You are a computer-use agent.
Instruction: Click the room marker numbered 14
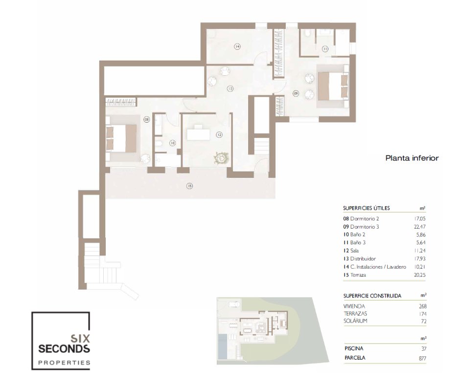click(x=237, y=46)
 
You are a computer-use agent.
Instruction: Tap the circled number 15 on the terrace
click(x=189, y=186)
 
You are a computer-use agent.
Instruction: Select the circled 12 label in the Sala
click(x=219, y=134)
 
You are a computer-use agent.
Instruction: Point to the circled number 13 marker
click(x=230, y=88)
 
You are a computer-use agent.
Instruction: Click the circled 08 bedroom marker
click(x=147, y=119)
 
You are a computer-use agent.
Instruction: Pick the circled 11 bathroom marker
click(x=325, y=49)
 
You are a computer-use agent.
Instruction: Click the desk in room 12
click(x=198, y=133)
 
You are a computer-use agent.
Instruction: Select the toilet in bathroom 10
click(x=159, y=144)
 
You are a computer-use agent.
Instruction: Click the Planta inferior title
click(x=412, y=158)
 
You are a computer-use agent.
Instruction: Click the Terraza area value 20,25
click(x=419, y=275)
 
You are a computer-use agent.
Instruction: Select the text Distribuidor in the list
click(x=363, y=259)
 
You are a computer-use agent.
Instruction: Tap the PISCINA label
click(x=354, y=348)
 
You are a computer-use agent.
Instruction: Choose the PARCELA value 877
click(x=422, y=358)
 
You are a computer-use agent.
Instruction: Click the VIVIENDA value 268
click(x=422, y=306)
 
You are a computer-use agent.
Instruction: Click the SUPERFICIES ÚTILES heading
click(x=367, y=208)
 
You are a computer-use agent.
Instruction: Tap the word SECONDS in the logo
click(x=64, y=349)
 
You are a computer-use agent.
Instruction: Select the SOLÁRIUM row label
click(x=355, y=321)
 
